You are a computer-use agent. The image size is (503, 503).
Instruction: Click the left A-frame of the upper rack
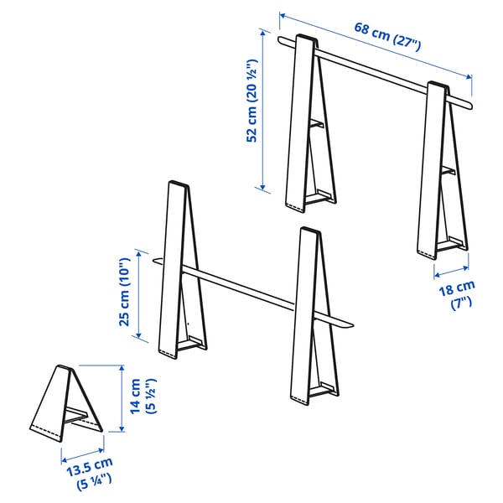(303, 126)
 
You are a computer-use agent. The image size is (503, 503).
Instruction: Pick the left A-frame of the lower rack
(178, 268)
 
